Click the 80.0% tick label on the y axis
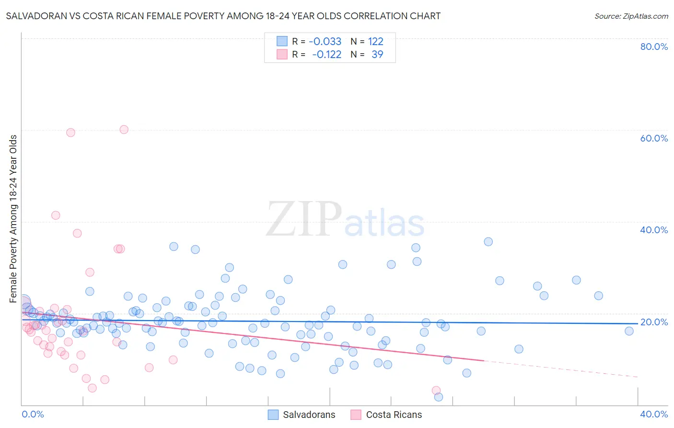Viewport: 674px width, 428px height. click(653, 47)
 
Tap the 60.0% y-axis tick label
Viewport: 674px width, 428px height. click(653, 138)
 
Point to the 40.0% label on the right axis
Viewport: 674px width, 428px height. click(653, 230)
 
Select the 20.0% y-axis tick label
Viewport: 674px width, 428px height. click(653, 322)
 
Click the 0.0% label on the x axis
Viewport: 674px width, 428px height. click(33, 414)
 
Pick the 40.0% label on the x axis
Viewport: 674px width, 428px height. click(653, 414)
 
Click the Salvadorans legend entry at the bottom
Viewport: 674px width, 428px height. click(302, 415)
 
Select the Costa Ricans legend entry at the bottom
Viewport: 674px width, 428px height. click(386, 415)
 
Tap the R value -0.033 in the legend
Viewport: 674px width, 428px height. click(325, 41)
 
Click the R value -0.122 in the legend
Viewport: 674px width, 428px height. click(326, 54)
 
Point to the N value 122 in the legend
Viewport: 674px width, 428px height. click(375, 41)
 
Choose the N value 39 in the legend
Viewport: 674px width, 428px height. click(377, 54)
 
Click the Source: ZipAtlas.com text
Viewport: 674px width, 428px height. click(631, 16)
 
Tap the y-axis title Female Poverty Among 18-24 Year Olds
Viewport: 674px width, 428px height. click(13, 219)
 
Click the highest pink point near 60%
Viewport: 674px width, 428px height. click(124, 130)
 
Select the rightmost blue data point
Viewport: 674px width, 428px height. click(629, 331)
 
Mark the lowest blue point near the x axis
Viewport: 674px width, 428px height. click(438, 397)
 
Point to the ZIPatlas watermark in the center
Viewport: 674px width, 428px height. click(345, 220)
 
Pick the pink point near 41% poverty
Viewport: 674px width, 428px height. click(56, 215)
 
